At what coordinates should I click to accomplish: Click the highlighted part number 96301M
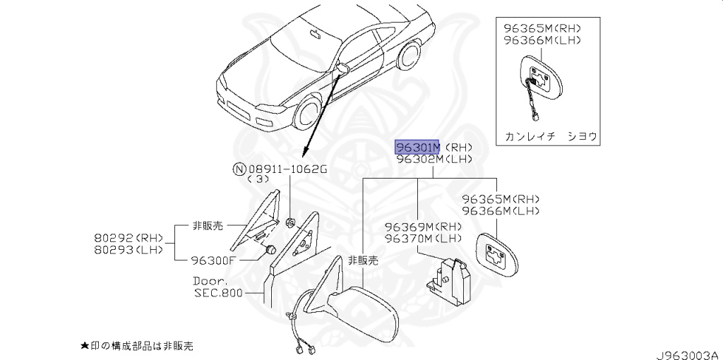click(417, 147)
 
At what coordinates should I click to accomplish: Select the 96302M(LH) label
click(434, 160)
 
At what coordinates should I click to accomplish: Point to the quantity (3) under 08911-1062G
click(258, 180)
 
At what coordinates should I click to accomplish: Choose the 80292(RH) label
click(129, 238)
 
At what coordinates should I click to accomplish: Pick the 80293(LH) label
click(129, 249)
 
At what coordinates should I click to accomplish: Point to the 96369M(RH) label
click(423, 227)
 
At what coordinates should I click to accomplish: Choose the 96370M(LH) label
click(423, 239)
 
